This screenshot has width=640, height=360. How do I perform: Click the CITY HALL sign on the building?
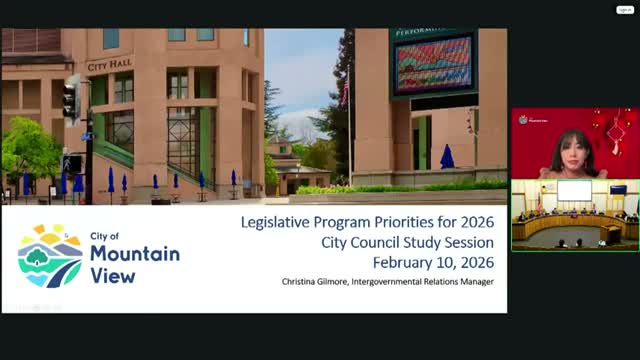point(110,66)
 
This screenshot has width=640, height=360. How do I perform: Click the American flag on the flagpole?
point(345,93)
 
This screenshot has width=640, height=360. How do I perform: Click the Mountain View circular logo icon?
point(50,256)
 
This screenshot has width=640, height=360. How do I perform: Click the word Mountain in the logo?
point(135,254)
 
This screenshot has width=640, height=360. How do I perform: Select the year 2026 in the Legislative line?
point(470,221)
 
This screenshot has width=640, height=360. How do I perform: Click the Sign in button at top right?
point(625,9)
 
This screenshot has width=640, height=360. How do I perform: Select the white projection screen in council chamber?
point(574,190)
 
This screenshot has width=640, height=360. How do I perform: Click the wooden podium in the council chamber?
point(611,234)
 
